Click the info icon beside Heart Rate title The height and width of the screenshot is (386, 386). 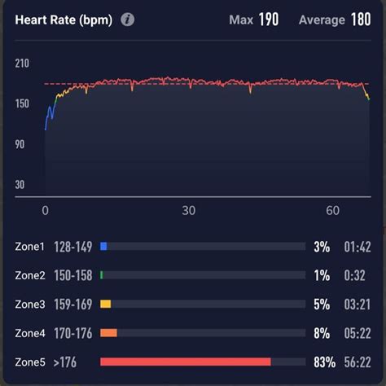pyautogui.click(x=128, y=20)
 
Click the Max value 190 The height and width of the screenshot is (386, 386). pyautogui.click(x=268, y=20)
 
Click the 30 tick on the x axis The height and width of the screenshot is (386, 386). pyautogui.click(x=189, y=210)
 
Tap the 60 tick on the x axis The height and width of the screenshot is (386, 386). pyautogui.click(x=332, y=210)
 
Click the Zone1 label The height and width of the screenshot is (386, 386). pyautogui.click(x=30, y=245)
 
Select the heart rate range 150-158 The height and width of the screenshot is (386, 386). pyautogui.click(x=72, y=275)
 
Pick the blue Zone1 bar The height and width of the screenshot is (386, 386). pyautogui.click(x=103, y=245)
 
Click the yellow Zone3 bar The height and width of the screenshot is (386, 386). pyautogui.click(x=105, y=304)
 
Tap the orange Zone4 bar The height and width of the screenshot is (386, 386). pyautogui.click(x=108, y=332)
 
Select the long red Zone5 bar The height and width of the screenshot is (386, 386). pyautogui.click(x=185, y=361)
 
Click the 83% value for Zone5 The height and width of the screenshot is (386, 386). pyautogui.click(x=320, y=362)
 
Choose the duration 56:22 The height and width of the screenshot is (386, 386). pyautogui.click(x=357, y=362)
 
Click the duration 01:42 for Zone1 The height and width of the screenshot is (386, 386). pyautogui.click(x=357, y=246)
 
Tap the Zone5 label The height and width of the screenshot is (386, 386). pyautogui.click(x=30, y=362)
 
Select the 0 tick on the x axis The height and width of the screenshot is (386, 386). pyautogui.click(x=46, y=210)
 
